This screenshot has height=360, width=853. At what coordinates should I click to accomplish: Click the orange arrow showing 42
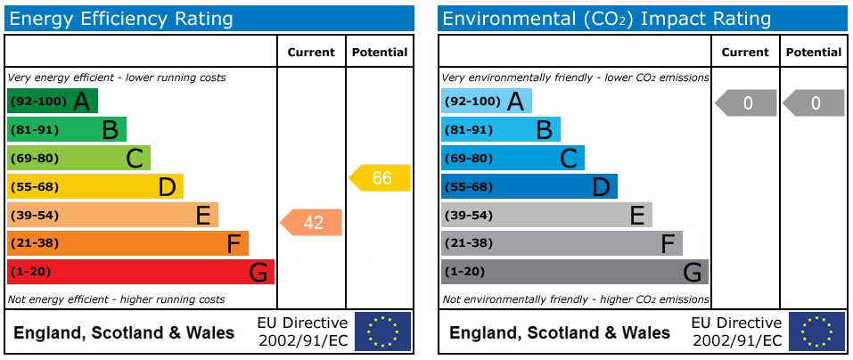pyautogui.click(x=310, y=223)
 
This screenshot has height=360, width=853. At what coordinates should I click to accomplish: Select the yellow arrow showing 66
pyautogui.click(x=379, y=178)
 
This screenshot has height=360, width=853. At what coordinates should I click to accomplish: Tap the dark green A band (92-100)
pyautogui.click(x=53, y=101)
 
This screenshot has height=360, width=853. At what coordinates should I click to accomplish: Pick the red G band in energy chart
pyautogui.click(x=140, y=272)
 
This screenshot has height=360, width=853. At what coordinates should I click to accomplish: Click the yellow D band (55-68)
pyautogui.click(x=95, y=186)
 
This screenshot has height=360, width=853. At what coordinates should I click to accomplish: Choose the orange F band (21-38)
pyautogui.click(x=127, y=243)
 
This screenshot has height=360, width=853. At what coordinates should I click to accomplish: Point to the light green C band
pyautogui.click(x=78, y=159)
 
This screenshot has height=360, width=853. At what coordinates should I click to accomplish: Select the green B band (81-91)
pyautogui.click(x=66, y=129)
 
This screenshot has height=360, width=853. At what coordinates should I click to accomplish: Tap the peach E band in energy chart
pyautogui.click(x=112, y=215)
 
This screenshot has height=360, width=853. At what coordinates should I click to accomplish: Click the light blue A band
pyautogui.click(x=487, y=101)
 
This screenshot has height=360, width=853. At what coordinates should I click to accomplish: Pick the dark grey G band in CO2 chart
pyautogui.click(x=575, y=272)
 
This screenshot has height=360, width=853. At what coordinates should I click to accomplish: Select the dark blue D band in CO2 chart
pyautogui.click(x=529, y=186)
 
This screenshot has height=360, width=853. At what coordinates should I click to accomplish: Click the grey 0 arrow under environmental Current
pyautogui.click(x=745, y=103)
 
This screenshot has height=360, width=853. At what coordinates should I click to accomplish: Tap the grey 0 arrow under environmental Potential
pyautogui.click(x=813, y=103)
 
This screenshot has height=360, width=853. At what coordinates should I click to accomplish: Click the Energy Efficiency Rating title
pyautogui.click(x=121, y=20)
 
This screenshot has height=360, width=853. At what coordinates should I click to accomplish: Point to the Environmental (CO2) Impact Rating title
pyautogui.click(x=607, y=20)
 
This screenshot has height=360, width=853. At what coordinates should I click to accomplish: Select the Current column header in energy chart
pyautogui.click(x=311, y=53)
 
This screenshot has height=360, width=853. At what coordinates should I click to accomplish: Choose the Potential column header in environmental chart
pyautogui.click(x=814, y=53)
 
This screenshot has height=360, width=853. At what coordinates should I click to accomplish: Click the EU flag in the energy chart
pyautogui.click(x=383, y=331)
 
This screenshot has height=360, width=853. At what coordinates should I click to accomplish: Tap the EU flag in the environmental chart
pyautogui.click(x=817, y=331)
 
